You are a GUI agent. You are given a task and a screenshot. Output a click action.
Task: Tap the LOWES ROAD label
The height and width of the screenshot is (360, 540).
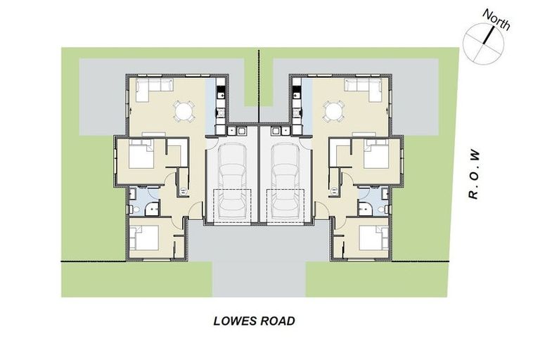(253, 321)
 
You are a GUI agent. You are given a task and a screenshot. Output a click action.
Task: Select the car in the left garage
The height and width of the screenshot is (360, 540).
(231, 181)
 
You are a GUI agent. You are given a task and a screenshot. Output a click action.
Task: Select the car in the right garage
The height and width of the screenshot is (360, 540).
(285, 181)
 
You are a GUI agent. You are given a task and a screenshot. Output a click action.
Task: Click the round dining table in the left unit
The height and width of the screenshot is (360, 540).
(184, 111)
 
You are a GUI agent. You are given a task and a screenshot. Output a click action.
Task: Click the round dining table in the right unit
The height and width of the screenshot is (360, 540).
(333, 111)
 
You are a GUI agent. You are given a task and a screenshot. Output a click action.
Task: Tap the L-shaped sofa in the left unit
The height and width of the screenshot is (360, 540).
(154, 87)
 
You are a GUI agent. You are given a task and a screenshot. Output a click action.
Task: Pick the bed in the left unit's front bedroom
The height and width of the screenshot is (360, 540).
(146, 238)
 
